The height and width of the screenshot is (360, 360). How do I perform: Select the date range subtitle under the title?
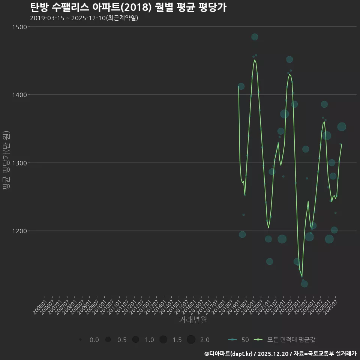(84, 18)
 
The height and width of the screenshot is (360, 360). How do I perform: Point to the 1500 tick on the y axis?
(19, 27)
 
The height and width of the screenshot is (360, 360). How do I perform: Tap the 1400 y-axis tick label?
(19, 95)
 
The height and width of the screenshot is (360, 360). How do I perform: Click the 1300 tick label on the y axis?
(19, 163)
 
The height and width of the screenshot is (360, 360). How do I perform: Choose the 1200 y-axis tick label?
(19, 231)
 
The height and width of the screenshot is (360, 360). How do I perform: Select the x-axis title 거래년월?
(193, 320)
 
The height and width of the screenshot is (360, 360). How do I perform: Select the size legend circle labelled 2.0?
(191, 340)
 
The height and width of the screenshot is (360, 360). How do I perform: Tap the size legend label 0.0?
(94, 340)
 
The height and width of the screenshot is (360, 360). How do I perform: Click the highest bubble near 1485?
(255, 37)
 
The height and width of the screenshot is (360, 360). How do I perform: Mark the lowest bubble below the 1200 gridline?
(304, 284)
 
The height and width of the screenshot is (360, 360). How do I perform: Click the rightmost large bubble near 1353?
(342, 127)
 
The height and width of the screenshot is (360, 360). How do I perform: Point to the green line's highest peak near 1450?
(255, 60)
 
